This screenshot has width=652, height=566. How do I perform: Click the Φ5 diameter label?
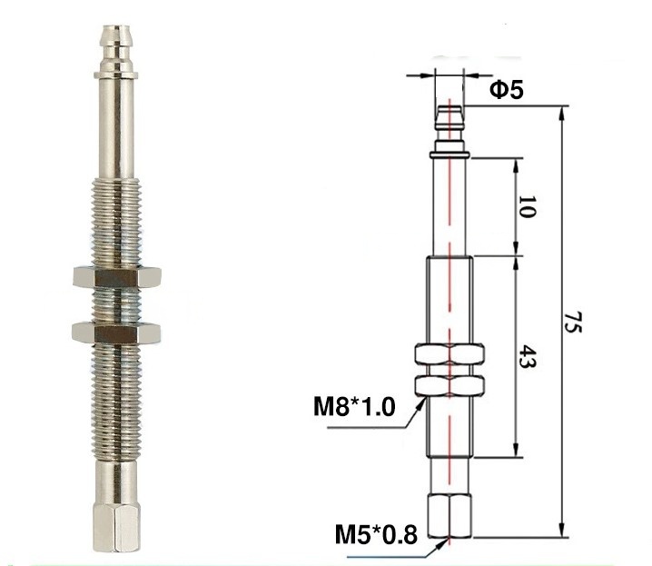[x=507, y=90]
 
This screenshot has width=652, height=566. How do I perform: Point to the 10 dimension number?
[x=526, y=206]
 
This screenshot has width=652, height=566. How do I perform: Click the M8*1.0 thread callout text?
[x=354, y=407]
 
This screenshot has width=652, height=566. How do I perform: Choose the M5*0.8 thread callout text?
[x=376, y=535]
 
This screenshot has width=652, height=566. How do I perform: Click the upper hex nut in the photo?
[x=117, y=277]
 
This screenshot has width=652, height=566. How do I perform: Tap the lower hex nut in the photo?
[x=116, y=332]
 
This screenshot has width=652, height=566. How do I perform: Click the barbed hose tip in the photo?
[x=115, y=42]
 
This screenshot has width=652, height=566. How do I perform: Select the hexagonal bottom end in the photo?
[x=116, y=528]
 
